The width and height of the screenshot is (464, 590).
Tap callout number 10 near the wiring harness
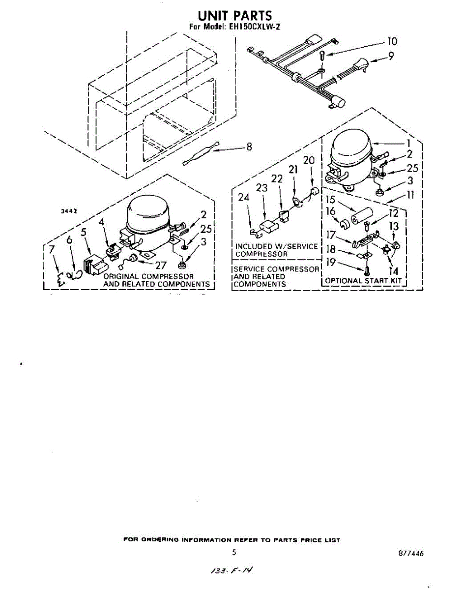[392, 41]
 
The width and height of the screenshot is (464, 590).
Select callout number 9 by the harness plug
[391, 56]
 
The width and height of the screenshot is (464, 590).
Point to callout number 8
[249, 146]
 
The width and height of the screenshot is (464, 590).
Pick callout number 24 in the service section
[244, 198]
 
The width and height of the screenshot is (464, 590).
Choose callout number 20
[309, 160]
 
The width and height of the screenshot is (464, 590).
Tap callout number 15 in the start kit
[330, 200]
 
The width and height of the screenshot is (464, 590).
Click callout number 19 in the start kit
[331, 262]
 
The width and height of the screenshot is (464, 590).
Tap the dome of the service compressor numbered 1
[350, 146]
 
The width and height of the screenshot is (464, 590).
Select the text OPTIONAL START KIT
[363, 281]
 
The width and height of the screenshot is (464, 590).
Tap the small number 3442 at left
[69, 211]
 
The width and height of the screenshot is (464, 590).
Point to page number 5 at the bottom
[234, 552]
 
